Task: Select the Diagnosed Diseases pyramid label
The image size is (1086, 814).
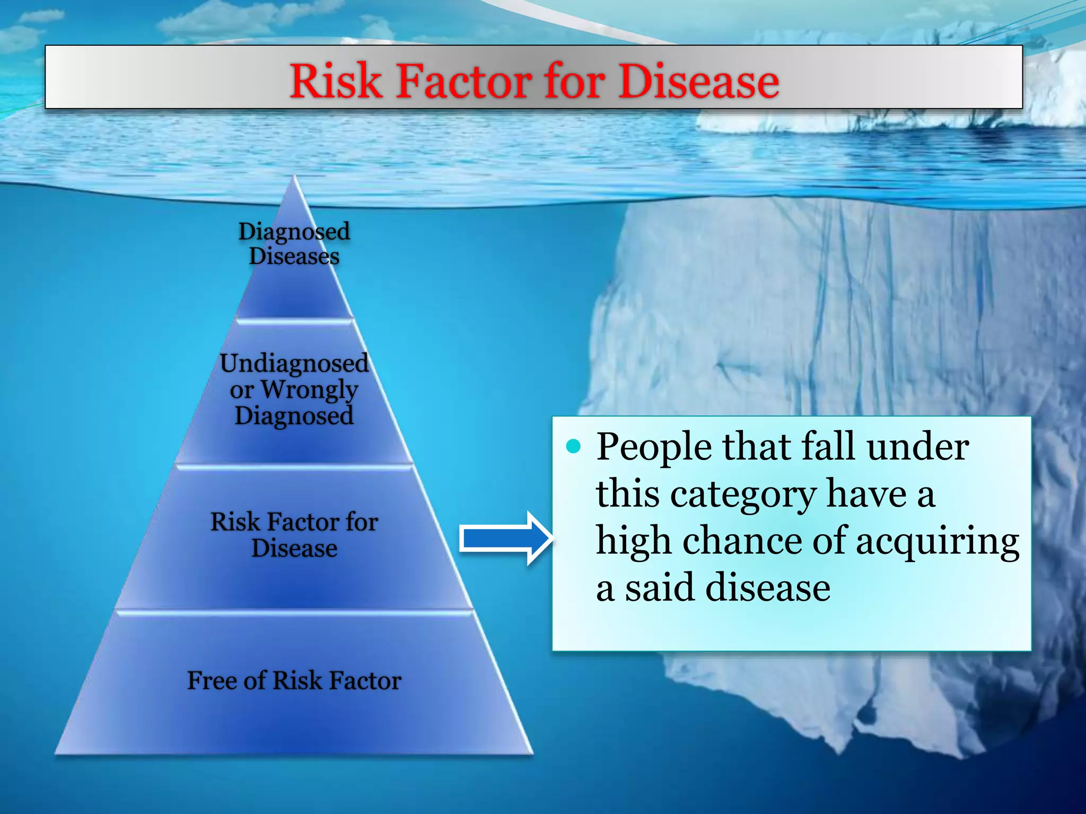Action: point(294,244)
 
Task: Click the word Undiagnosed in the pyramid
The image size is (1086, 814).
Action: point(294,364)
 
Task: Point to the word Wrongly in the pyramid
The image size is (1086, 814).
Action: point(309,391)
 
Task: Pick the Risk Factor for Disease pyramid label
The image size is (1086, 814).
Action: point(294,534)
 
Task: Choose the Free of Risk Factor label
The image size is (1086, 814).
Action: point(294,680)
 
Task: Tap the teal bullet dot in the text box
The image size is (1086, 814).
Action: point(573,447)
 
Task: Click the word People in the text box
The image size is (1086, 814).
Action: point(653,448)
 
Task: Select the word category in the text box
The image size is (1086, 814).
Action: point(742,495)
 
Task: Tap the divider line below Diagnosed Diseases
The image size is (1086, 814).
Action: point(294,319)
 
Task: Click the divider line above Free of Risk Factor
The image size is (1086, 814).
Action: point(294,612)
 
